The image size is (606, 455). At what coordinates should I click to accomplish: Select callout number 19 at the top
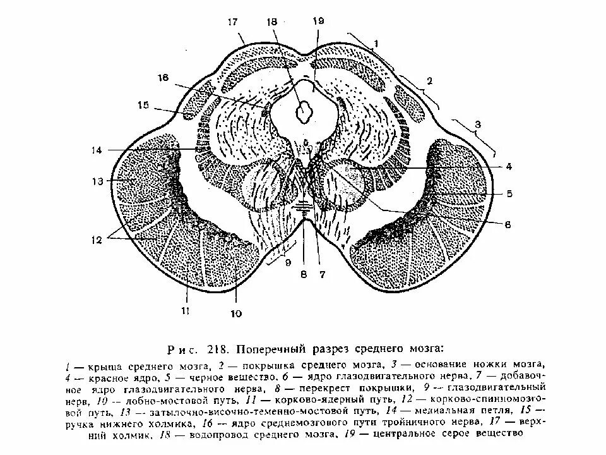tap(318, 21)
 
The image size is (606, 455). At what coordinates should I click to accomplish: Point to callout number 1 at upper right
tap(376, 43)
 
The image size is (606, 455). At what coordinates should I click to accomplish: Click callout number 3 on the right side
tap(477, 125)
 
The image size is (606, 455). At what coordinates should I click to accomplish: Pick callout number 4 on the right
tap(508, 167)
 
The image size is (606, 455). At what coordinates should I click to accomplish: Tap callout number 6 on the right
tap(508, 224)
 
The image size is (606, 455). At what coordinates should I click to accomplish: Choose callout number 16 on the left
tap(163, 77)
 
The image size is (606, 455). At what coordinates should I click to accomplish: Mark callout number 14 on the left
tap(96, 150)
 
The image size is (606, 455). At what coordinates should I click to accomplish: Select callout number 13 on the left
tap(96, 181)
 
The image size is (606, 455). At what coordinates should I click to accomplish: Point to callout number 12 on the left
tap(96, 240)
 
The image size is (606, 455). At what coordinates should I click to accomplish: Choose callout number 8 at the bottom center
tap(304, 274)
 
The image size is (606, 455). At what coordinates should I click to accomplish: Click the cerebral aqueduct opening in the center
tap(305, 112)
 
